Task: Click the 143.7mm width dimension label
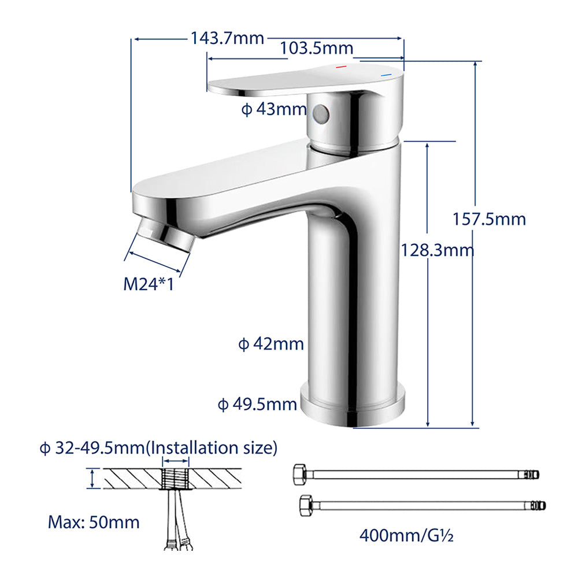tap(227, 39)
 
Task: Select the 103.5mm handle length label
tap(316, 49)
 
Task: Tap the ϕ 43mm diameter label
tap(273, 109)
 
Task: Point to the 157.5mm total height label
tap(490, 219)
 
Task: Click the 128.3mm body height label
tap(437, 250)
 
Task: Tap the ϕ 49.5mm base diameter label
tap(257, 404)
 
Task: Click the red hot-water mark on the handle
tap(341, 68)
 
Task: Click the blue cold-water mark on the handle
tap(384, 76)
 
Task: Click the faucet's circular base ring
tap(353, 405)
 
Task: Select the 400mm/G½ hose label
tap(406, 535)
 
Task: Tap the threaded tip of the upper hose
tap(535, 474)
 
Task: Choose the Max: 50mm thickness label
tap(94, 523)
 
